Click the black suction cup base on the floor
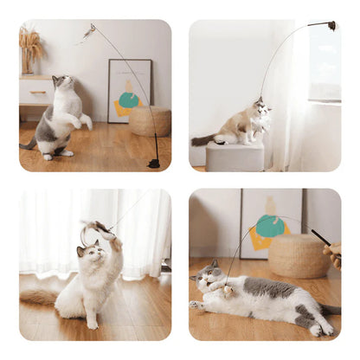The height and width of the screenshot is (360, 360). point(154,163)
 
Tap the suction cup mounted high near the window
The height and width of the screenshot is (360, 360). point(331,26)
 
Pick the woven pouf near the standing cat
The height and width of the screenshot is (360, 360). point(149,120)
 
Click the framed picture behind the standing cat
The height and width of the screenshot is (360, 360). point(129,90)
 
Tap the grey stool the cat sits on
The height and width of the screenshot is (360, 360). point(235,157)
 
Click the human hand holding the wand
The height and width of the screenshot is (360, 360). point(333,252)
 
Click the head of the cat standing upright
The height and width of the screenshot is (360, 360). point(61,83)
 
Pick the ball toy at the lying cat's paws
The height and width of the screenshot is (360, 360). point(229,291)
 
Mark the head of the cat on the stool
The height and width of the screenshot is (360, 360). point(260,111)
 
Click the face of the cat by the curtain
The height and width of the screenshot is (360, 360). point(88,254)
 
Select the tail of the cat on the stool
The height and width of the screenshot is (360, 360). point(204,138)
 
